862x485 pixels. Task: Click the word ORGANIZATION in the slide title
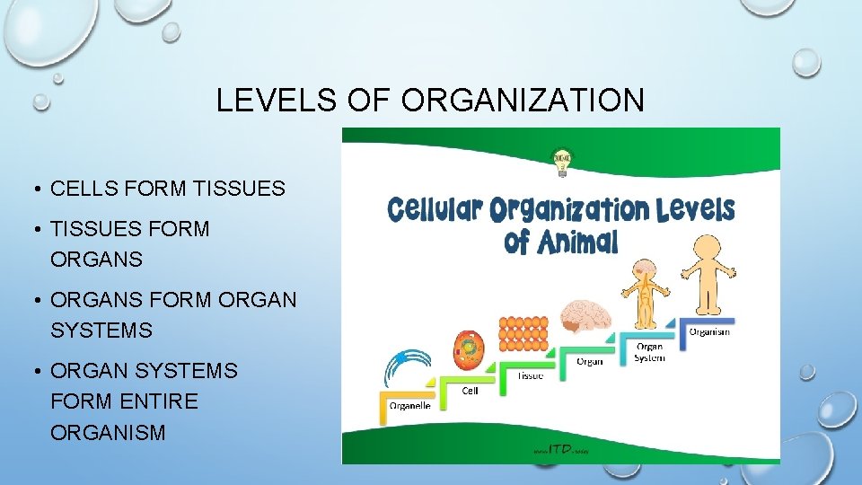tap(523, 100)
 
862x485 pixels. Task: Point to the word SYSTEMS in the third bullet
tap(101, 331)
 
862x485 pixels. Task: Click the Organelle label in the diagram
tap(409, 405)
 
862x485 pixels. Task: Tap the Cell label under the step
tap(470, 391)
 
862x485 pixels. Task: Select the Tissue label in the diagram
tap(530, 375)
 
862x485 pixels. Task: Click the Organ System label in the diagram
tap(649, 352)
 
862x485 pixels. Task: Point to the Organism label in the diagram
tap(708, 331)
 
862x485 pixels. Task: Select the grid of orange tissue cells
tap(523, 334)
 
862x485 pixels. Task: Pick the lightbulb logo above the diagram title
tap(562, 162)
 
